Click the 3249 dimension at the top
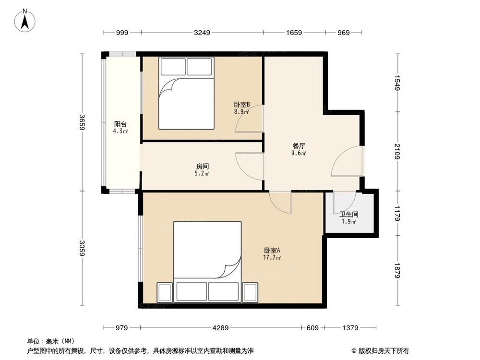click(202, 33)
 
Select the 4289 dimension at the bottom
click(220, 328)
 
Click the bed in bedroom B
click(186, 94)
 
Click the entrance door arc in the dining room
click(347, 162)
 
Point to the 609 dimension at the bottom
click(312, 328)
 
